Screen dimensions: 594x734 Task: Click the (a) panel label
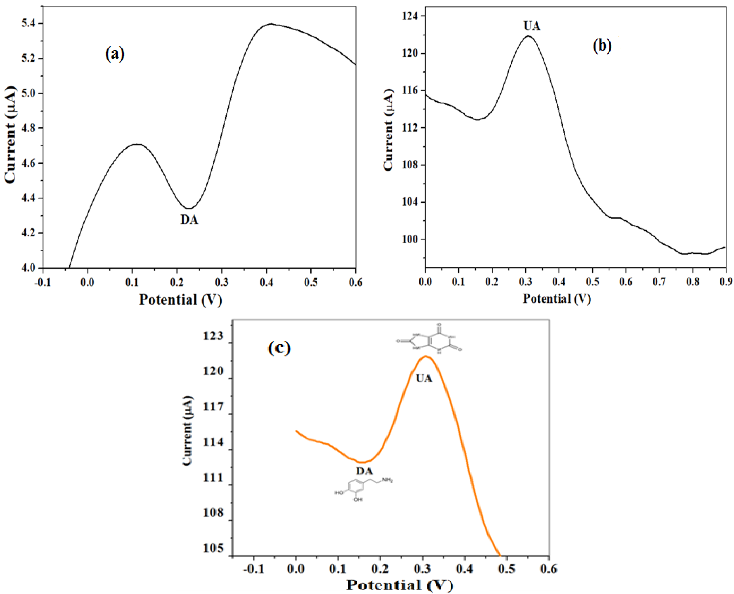[x=115, y=54]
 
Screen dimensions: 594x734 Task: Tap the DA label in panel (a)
[x=189, y=220]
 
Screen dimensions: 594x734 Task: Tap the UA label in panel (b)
[x=532, y=26]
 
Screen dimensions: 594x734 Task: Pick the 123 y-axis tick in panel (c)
[x=213, y=336]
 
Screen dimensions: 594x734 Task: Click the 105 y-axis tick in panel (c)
[x=213, y=548]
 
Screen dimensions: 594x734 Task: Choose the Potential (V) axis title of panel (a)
[x=180, y=300]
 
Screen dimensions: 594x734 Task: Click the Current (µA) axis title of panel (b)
[x=388, y=130]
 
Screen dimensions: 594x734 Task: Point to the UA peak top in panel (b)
[x=528, y=36]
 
